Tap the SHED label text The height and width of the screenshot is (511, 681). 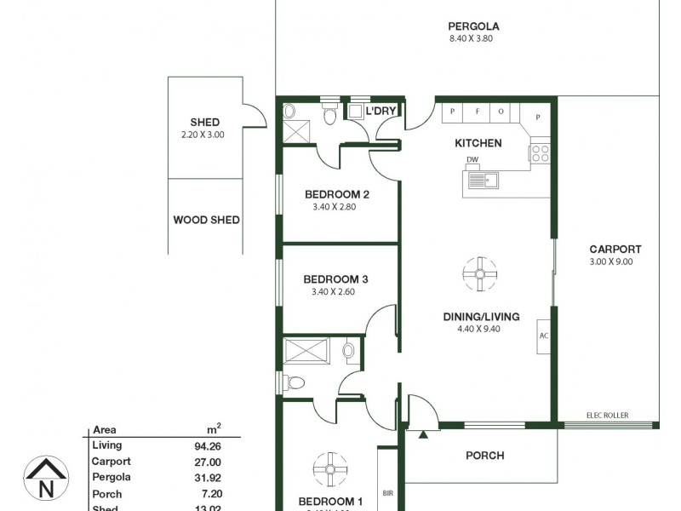(205, 122)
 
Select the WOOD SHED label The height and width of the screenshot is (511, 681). (206, 220)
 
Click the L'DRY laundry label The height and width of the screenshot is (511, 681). (380, 112)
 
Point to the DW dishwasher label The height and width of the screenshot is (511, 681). (472, 161)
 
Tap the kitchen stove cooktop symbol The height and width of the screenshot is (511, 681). (540, 153)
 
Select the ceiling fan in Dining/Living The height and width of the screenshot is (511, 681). (479, 273)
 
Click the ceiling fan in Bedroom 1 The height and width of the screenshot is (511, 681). (330, 468)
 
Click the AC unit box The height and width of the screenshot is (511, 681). (543, 335)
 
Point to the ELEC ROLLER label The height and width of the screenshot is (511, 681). (607, 415)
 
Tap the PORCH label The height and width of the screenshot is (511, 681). (484, 456)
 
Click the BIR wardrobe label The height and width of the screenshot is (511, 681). (388, 493)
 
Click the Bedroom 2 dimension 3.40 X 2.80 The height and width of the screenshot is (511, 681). (336, 207)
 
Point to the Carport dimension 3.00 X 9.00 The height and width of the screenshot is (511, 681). (615, 262)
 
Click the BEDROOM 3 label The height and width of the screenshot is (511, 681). (335, 279)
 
